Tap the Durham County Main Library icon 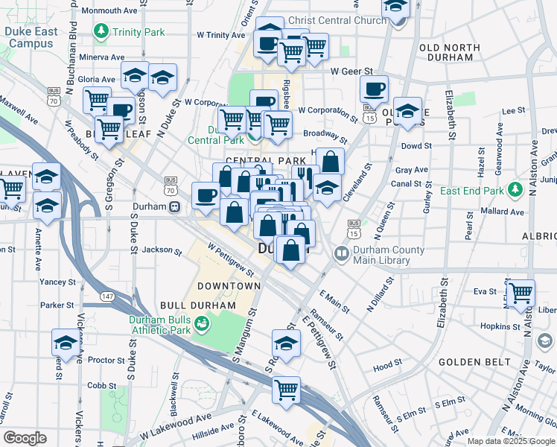(342, 255)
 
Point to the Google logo (25, 438)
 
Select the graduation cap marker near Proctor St (66, 343)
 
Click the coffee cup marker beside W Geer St (374, 89)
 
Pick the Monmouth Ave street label (109, 11)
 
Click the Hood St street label (388, 367)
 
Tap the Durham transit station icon (174, 207)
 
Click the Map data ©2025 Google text (510, 441)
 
